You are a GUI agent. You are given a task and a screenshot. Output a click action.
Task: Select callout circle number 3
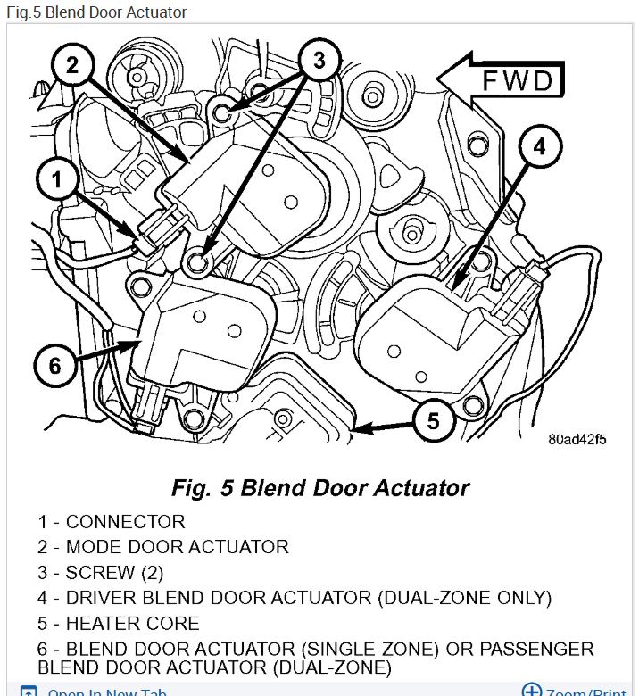point(319,61)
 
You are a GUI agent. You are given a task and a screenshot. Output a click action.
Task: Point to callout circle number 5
point(434,419)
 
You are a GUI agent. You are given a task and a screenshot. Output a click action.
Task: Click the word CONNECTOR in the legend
point(125,522)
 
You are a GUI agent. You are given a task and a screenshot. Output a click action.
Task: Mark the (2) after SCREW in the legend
point(148,572)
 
